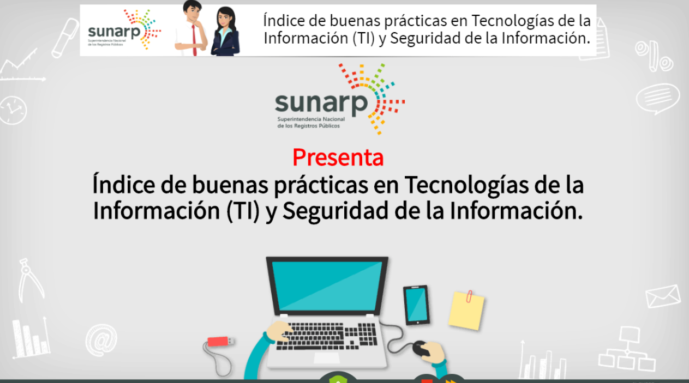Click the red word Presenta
click(338, 157)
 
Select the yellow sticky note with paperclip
click(466, 310)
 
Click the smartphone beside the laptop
click(416, 305)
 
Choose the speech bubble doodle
click(657, 99)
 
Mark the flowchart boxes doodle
click(627, 349)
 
